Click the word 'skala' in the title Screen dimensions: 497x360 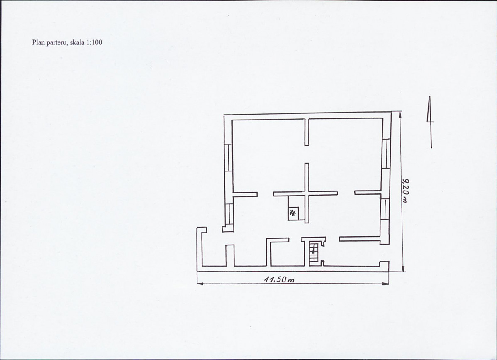tap(77, 42)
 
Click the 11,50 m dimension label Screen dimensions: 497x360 tap(279, 279)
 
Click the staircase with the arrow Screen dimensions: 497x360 tap(314, 252)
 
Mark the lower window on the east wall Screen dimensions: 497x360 tap(385, 209)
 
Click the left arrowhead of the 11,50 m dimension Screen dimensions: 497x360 tap(200, 283)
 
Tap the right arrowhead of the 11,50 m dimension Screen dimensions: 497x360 tap(386, 284)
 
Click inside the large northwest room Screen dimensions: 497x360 tap(269, 155)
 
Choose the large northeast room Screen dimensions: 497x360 tap(345, 155)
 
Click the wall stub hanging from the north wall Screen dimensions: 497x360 tap(307, 132)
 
